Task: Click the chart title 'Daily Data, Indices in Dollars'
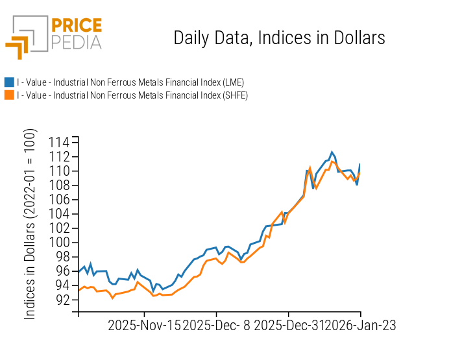279,38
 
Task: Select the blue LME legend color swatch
9,82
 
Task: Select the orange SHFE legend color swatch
9,95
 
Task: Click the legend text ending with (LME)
130,82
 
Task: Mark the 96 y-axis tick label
62,270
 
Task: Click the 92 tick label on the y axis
62,299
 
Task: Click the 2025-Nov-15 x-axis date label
145,325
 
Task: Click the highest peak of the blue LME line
332,152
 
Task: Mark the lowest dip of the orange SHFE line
112,298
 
